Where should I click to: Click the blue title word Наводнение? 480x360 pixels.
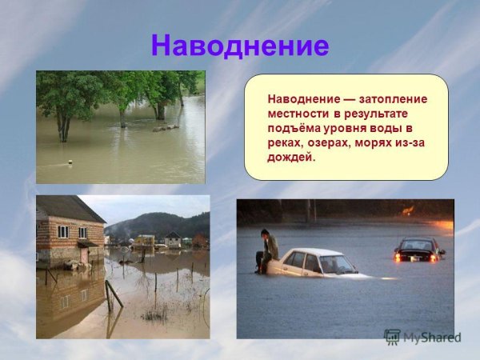239,46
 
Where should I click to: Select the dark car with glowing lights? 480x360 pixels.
418,250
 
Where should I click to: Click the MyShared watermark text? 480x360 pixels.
432,337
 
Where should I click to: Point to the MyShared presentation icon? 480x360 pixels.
392,337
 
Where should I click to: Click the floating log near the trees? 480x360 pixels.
166,128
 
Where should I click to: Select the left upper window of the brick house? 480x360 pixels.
65,233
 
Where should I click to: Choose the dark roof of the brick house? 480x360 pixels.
72,208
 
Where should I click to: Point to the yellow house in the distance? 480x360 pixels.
146,240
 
